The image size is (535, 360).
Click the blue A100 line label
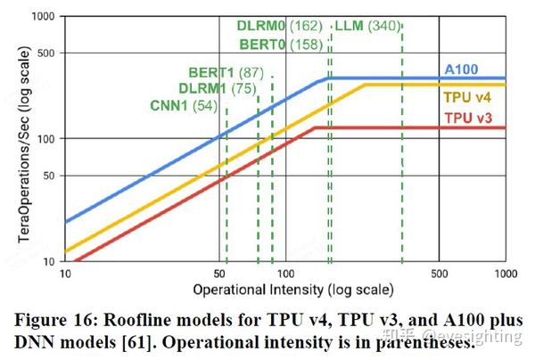[x=463, y=69]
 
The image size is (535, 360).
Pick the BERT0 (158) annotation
[x=281, y=43]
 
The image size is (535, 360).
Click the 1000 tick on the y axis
[x=40, y=17]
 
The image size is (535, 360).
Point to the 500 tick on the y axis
[x=44, y=53]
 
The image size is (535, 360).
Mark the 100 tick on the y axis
[x=44, y=139]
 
